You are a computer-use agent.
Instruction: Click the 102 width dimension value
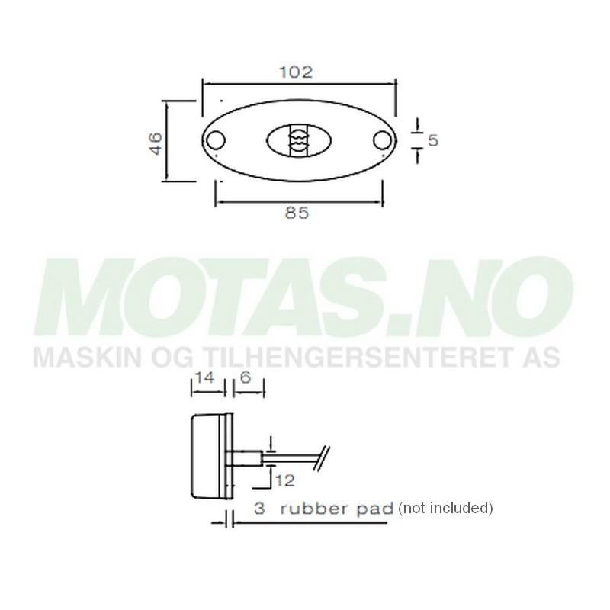297,72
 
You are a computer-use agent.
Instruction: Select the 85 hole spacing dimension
297,214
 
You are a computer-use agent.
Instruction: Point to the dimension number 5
432,140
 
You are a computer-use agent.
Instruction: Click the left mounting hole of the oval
216,140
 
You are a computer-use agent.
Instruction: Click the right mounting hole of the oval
382,140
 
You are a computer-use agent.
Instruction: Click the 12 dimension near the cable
285,480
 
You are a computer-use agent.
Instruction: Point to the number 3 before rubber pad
259,509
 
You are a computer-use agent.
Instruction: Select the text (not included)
445,508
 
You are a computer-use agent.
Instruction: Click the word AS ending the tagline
543,357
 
